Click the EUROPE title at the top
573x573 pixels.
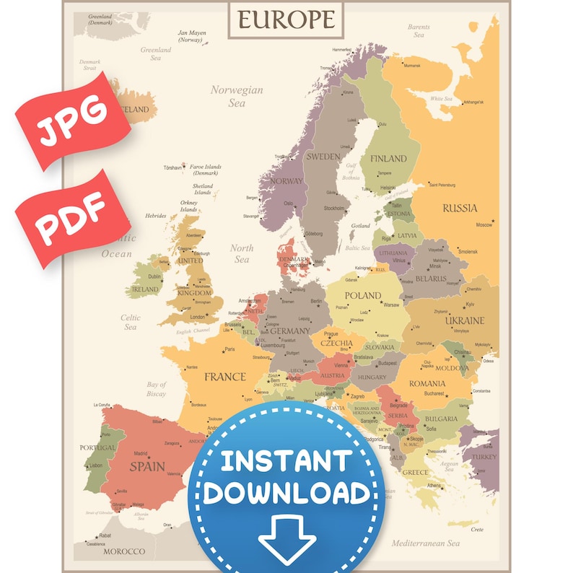[286, 19]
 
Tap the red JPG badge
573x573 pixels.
[70, 120]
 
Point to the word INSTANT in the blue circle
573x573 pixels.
[286, 460]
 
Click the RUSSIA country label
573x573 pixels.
[460, 208]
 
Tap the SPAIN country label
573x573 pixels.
[147, 466]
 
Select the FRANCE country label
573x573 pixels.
[224, 377]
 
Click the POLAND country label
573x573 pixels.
[363, 295]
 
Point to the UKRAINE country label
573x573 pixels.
[465, 320]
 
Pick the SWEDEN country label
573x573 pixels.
[323, 157]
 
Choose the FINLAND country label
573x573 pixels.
[388, 159]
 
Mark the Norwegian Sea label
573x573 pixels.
[237, 97]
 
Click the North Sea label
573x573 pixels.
[242, 253]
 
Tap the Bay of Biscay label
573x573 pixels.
[157, 389]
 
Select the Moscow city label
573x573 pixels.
[484, 224]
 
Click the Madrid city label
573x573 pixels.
[141, 454]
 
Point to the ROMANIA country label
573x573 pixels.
[427, 383]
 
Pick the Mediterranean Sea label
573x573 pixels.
[426, 543]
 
